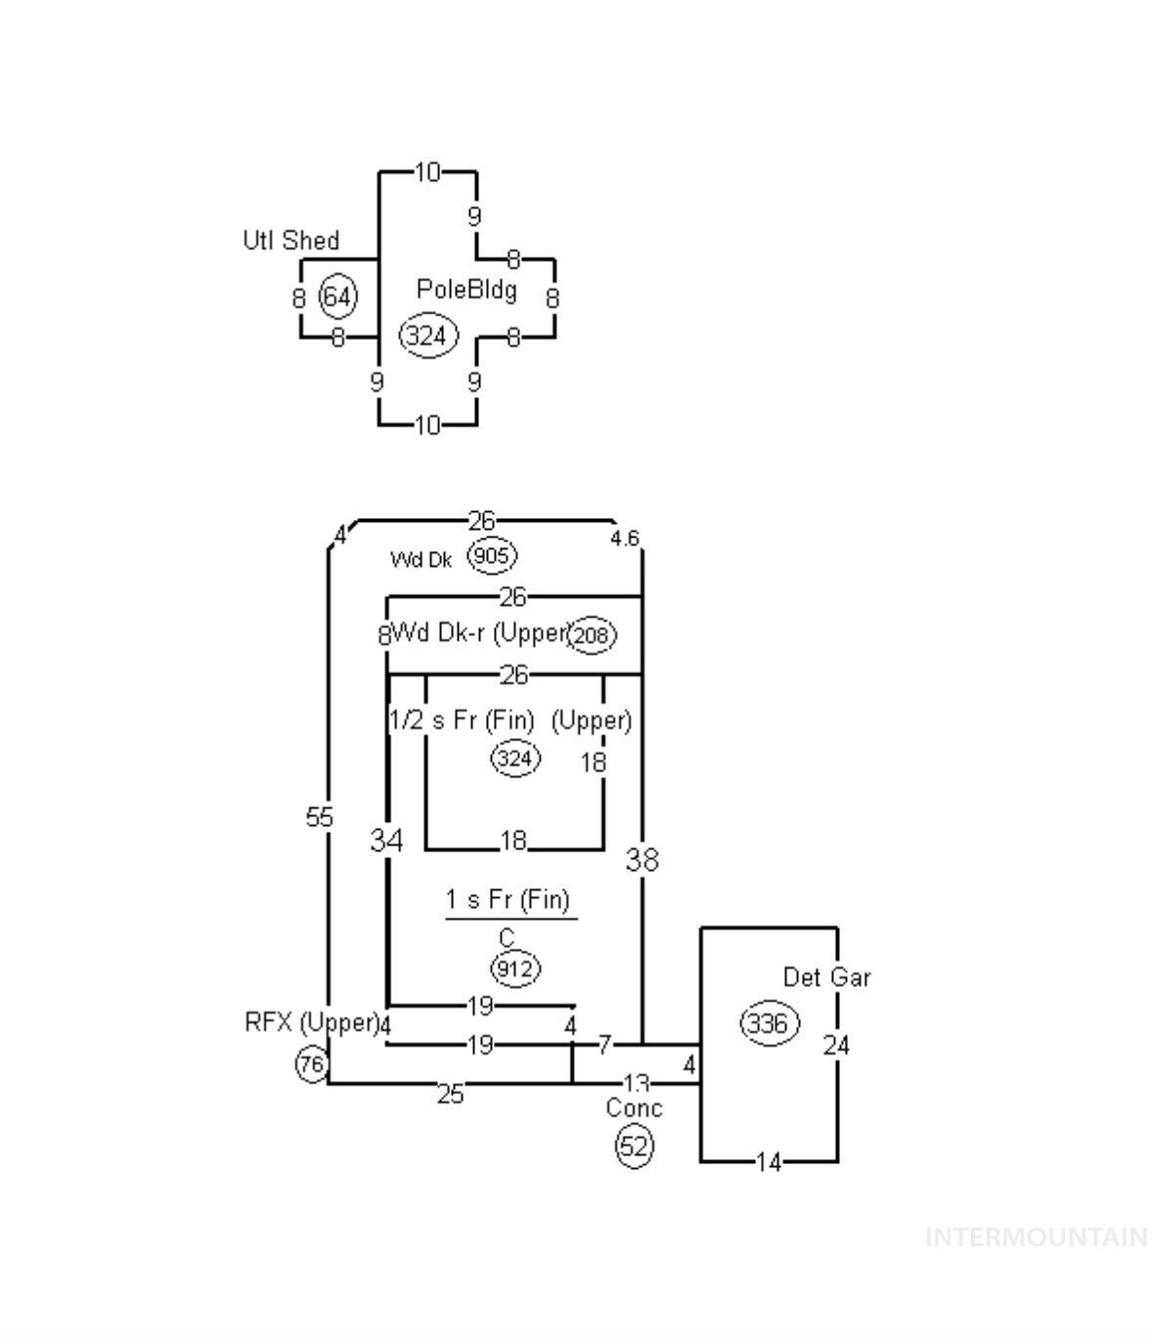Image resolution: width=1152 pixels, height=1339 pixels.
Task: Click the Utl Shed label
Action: pyautogui.click(x=290, y=240)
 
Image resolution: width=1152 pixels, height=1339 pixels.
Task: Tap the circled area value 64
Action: pyautogui.click(x=338, y=296)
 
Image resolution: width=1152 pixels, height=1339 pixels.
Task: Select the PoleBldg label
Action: pyautogui.click(x=466, y=289)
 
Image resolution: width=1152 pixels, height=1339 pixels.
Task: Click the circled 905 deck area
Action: pyautogui.click(x=491, y=556)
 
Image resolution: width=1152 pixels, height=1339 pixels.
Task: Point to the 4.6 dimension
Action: pyautogui.click(x=625, y=539)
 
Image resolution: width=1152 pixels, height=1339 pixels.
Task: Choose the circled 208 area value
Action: pyautogui.click(x=592, y=635)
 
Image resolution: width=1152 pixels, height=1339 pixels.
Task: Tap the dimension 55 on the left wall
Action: pyautogui.click(x=320, y=817)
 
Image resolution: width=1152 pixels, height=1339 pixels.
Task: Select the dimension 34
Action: pyautogui.click(x=386, y=840)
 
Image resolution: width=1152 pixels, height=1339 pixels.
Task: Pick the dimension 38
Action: pyautogui.click(x=642, y=860)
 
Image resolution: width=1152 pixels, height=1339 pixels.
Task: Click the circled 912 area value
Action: pyautogui.click(x=514, y=969)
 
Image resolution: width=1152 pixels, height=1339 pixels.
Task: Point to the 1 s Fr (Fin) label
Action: pyautogui.click(x=508, y=899)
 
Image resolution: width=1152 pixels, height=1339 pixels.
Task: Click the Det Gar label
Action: pyautogui.click(x=826, y=977)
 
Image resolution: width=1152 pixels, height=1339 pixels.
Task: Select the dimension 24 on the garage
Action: pyautogui.click(x=836, y=1046)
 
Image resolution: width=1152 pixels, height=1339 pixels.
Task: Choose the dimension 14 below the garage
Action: pyautogui.click(x=769, y=1162)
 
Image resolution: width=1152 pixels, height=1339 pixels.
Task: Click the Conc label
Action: pyautogui.click(x=634, y=1108)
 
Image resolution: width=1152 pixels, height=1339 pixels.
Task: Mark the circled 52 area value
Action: pyautogui.click(x=634, y=1145)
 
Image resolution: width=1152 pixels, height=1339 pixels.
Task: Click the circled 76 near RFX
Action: pyautogui.click(x=311, y=1064)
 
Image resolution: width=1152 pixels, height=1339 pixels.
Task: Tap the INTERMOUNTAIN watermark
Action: pyautogui.click(x=1036, y=1237)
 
